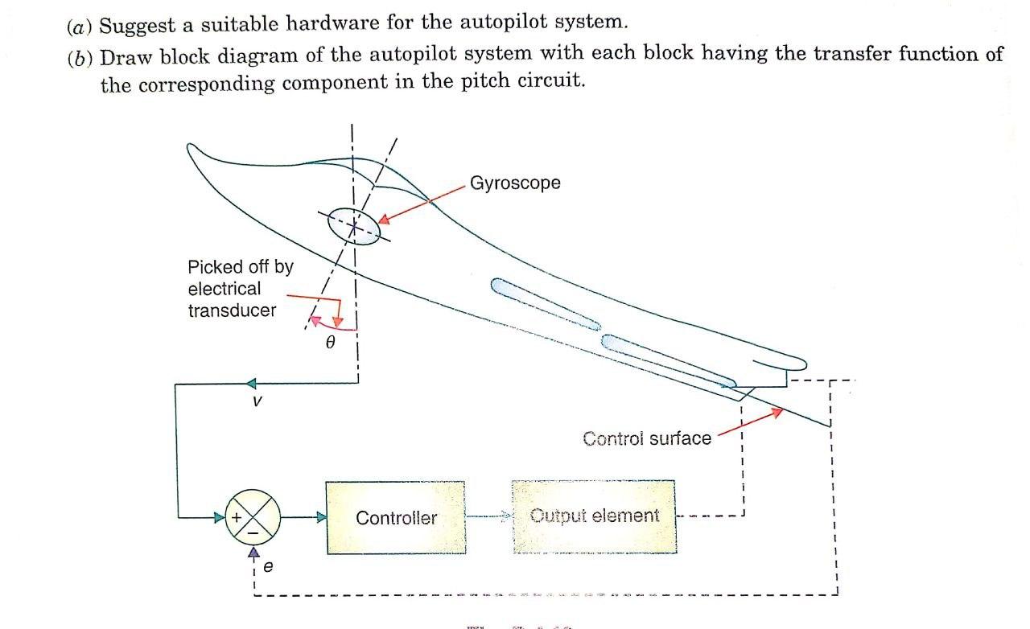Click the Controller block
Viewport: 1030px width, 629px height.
395,518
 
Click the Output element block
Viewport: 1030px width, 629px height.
593,516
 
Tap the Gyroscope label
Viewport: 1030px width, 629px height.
515,183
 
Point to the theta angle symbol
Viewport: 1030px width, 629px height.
328,342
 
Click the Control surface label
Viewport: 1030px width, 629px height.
646,438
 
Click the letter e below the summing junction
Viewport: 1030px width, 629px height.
268,566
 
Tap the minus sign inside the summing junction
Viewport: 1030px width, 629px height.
253,532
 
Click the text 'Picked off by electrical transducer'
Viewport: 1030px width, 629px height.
239,288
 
